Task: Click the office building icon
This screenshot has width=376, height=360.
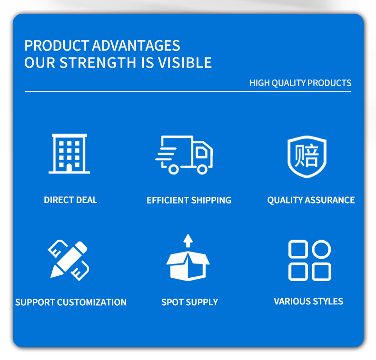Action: [x=69, y=154]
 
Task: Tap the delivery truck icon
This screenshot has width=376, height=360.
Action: [x=184, y=155]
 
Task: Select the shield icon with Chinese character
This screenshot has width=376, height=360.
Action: [x=307, y=156]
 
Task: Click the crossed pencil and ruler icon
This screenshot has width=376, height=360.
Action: [x=69, y=260]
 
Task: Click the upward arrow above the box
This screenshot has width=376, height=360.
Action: [x=188, y=241]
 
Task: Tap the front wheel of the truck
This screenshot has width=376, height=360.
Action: [x=202, y=169]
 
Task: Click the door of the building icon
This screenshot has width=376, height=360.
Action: [x=69, y=168]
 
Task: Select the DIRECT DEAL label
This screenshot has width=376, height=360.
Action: [x=70, y=200]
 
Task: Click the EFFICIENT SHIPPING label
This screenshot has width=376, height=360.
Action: [x=189, y=200]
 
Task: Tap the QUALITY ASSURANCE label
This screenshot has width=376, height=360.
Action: [x=311, y=200]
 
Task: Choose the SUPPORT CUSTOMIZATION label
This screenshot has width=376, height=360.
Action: [x=71, y=302]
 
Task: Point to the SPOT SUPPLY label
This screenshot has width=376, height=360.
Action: [x=190, y=302]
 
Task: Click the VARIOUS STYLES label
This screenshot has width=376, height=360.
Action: [x=308, y=302]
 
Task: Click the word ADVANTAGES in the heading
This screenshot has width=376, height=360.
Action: [x=136, y=46]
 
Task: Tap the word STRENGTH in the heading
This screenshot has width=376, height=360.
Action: [x=98, y=63]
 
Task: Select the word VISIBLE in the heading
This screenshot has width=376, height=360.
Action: [x=185, y=63]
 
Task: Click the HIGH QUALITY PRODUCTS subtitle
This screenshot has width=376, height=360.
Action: [x=300, y=83]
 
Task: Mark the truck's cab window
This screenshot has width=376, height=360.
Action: [x=201, y=152]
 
